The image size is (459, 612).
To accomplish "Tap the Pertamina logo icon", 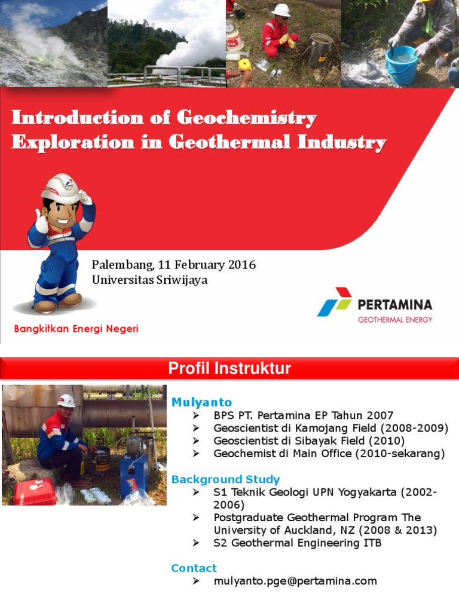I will (334, 302).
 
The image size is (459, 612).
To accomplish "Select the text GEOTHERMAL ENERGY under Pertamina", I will (394, 320).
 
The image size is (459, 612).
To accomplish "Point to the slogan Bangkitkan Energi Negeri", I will (76, 329).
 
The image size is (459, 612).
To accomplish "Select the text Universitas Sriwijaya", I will (149, 280).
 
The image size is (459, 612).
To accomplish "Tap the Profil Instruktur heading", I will (229, 368).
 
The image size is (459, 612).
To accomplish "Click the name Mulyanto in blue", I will (201, 402).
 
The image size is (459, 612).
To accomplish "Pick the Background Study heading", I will (225, 479).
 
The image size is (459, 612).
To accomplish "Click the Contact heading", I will (194, 568).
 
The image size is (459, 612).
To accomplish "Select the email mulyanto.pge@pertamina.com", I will (295, 581).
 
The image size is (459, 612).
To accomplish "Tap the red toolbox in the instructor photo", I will (35, 491).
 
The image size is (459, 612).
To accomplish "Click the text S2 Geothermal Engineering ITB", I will (297, 543).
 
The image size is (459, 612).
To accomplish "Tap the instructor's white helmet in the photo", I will (66, 400).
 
